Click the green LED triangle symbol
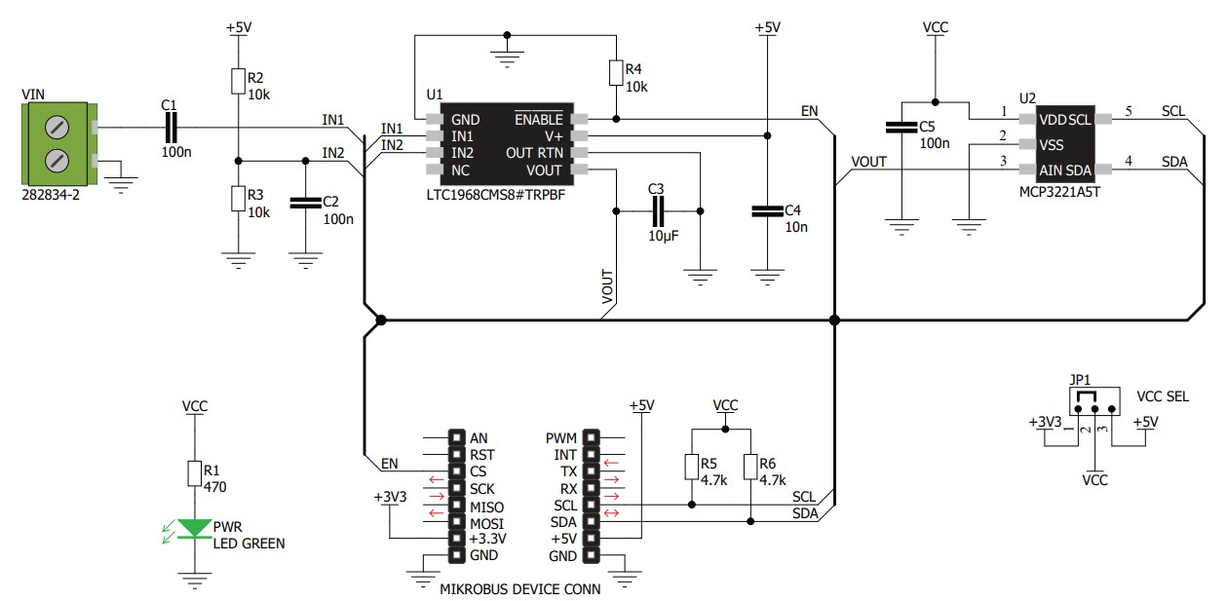[195, 528]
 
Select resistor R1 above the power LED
[195, 473]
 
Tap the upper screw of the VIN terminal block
[57, 128]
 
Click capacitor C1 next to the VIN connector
[171, 128]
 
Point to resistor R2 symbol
[238, 81]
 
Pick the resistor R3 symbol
[238, 198]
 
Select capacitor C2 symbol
[305, 203]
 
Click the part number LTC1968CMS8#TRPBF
[496, 195]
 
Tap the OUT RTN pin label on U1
[535, 153]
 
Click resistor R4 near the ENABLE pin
[616, 73]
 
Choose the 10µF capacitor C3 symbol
[658, 211]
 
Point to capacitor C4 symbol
[767, 211]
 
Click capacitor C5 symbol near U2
[901, 128]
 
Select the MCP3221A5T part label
[1060, 192]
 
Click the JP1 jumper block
[1094, 401]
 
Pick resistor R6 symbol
[750, 467]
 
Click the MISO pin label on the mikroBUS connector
[487, 507]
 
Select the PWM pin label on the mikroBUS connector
[561, 438]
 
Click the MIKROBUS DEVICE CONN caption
[520, 589]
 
